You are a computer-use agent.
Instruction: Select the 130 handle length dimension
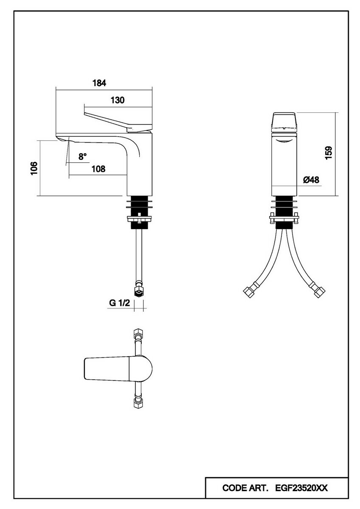(x=118, y=100)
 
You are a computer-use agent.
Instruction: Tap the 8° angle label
(x=82, y=157)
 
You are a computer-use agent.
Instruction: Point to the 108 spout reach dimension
(x=98, y=169)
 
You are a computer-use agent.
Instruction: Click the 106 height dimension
(x=35, y=168)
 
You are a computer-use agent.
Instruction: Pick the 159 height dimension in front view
(x=328, y=153)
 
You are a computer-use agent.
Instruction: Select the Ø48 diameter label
(x=311, y=180)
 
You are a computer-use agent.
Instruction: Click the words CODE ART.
(x=245, y=488)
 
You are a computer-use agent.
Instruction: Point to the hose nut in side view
(x=138, y=291)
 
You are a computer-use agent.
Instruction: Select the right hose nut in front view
(x=319, y=292)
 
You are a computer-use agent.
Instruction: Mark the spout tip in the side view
(x=62, y=139)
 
